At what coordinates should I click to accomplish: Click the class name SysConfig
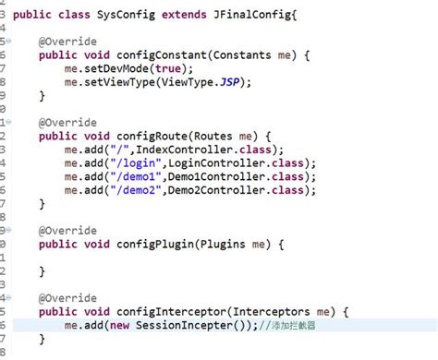click(x=138, y=16)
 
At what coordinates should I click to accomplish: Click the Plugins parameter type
click(x=227, y=244)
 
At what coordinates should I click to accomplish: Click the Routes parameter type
click(x=217, y=136)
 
